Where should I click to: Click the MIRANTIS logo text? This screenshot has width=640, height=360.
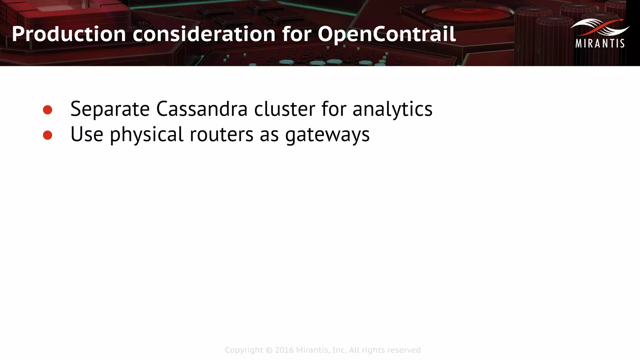[x=600, y=43]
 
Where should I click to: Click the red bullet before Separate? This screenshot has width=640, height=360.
[x=47, y=110]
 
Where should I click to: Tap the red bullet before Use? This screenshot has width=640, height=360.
[x=47, y=135]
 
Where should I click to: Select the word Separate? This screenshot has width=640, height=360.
[x=110, y=109]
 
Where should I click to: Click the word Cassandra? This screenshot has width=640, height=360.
[x=202, y=109]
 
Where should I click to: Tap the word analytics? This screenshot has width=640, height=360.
[x=392, y=109]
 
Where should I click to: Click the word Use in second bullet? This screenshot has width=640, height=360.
[x=87, y=135]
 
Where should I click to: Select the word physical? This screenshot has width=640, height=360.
[x=146, y=135]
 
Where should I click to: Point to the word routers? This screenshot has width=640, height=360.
[x=221, y=135]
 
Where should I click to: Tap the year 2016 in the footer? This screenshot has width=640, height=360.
[x=284, y=350]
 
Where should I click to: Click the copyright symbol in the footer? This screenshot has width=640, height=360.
[x=269, y=350]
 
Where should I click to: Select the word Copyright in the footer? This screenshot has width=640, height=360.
[x=244, y=350]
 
